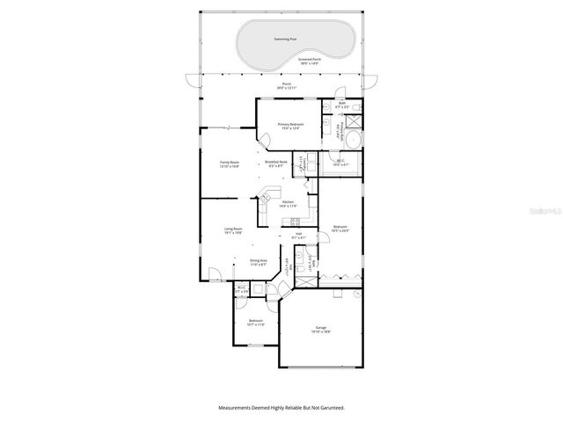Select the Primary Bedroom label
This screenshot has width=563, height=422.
tap(290, 125)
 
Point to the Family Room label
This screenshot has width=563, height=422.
tap(230, 162)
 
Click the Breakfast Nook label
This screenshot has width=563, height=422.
tap(275, 162)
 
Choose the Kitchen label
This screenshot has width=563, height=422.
tap(288, 203)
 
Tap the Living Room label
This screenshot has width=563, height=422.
tap(233, 229)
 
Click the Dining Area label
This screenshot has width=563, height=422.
tap(259, 260)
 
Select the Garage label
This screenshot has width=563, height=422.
tap(321, 328)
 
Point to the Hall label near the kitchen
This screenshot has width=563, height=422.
tap(298, 234)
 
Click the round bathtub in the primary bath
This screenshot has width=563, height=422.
tap(351, 140)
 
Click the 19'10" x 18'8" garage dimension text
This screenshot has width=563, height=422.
tap(321, 332)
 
